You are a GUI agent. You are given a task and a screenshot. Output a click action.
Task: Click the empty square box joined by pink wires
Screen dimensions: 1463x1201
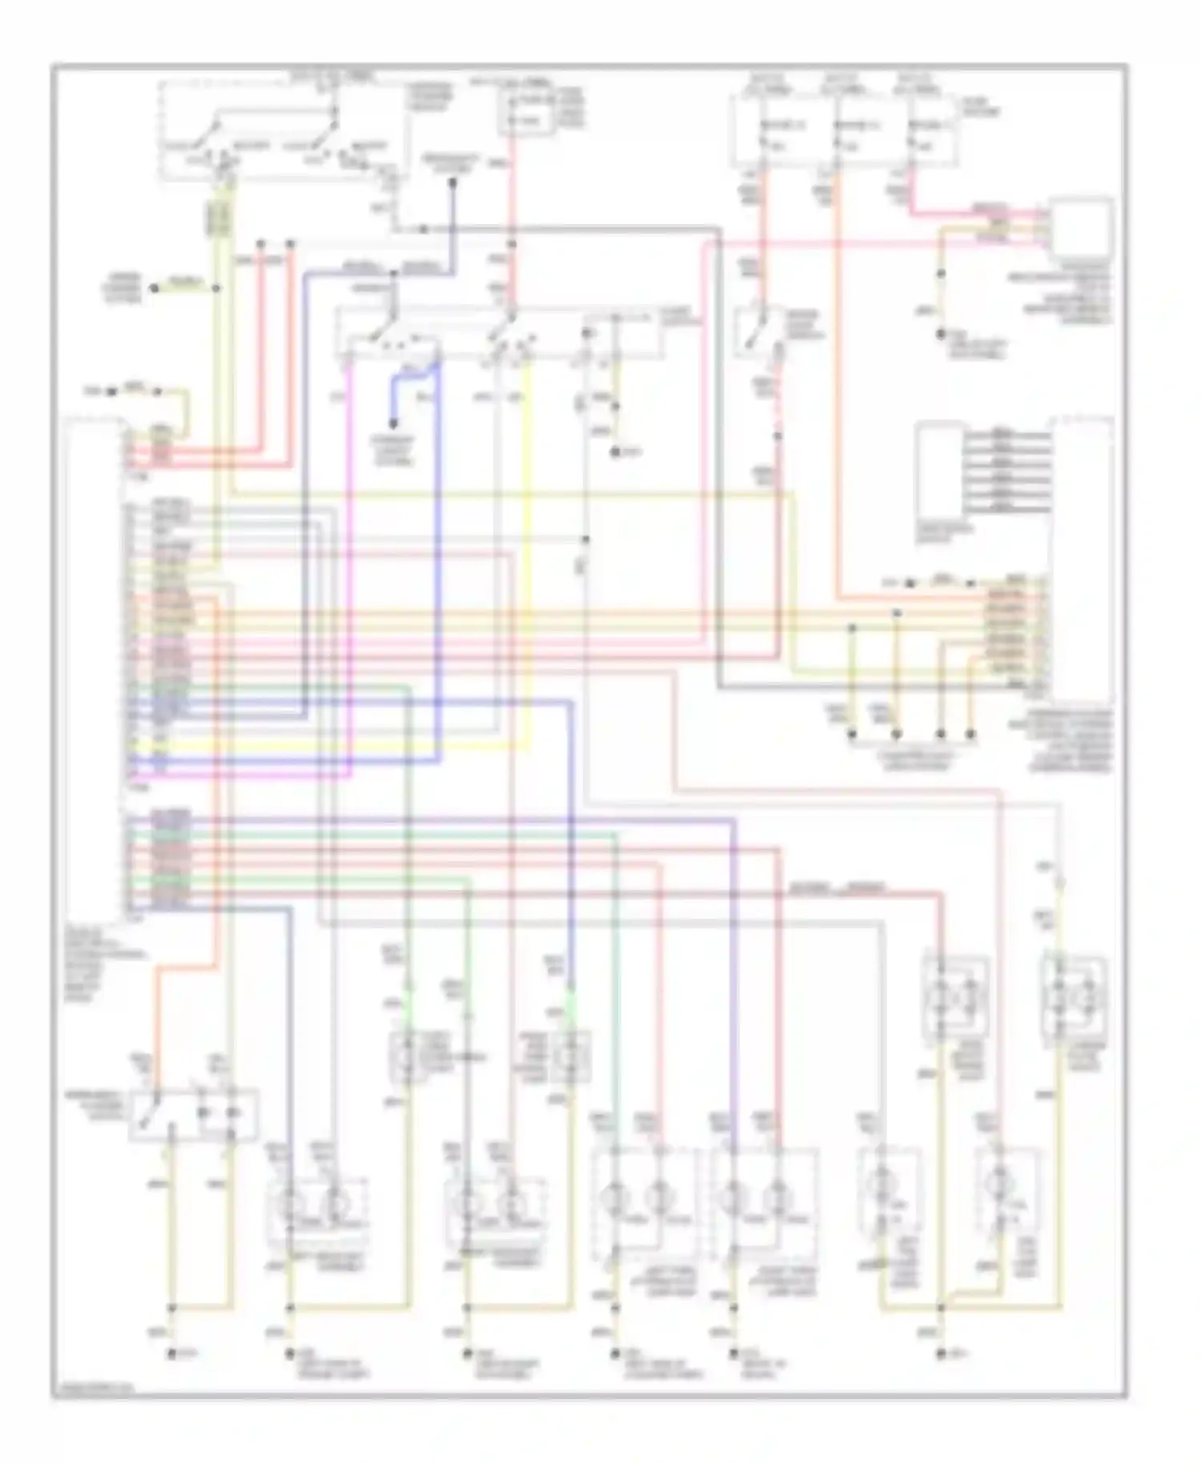click(x=1081, y=227)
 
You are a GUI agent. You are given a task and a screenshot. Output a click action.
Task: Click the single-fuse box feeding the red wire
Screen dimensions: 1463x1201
click(x=528, y=113)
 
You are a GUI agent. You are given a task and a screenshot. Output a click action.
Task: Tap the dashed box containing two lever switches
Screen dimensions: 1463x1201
click(x=280, y=132)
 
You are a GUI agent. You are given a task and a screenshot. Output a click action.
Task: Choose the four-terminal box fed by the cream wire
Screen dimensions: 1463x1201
click(x=1073, y=997)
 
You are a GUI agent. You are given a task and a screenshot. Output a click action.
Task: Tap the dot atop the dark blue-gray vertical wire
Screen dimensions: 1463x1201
click(x=452, y=182)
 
